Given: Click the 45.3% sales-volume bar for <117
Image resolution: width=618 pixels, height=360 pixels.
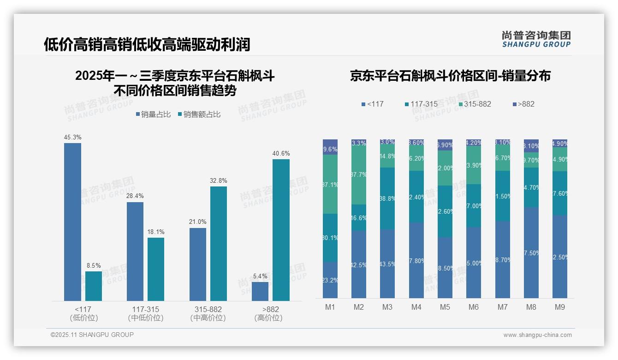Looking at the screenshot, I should pyautogui.click(x=72, y=222).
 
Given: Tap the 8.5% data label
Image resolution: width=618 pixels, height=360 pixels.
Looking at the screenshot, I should pyautogui.click(x=94, y=265).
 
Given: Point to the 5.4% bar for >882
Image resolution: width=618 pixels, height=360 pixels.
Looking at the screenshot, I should pyautogui.click(x=260, y=291).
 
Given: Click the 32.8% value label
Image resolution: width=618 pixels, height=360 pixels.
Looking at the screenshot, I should pyautogui.click(x=219, y=180).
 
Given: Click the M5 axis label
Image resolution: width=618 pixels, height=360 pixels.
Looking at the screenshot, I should pyautogui.click(x=445, y=307).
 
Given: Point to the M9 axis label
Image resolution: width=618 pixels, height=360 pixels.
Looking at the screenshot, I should pyautogui.click(x=559, y=307).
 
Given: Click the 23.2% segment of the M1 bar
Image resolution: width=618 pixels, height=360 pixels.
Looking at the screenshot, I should pyautogui.click(x=330, y=280).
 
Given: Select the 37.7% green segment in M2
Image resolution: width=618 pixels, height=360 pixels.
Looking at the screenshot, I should pyautogui.click(x=359, y=175).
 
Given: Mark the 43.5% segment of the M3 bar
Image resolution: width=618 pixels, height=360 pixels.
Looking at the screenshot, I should pyautogui.click(x=387, y=264).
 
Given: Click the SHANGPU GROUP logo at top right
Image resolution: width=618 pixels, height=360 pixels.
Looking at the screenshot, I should pyautogui.click(x=536, y=39).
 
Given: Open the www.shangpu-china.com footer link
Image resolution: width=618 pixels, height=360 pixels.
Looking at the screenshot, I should pyautogui.click(x=537, y=335).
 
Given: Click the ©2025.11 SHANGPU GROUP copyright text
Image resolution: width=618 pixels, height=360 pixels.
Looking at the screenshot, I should pyautogui.click(x=92, y=335).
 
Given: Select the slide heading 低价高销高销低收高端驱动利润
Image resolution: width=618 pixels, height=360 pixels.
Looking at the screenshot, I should pyautogui.click(x=147, y=44).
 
